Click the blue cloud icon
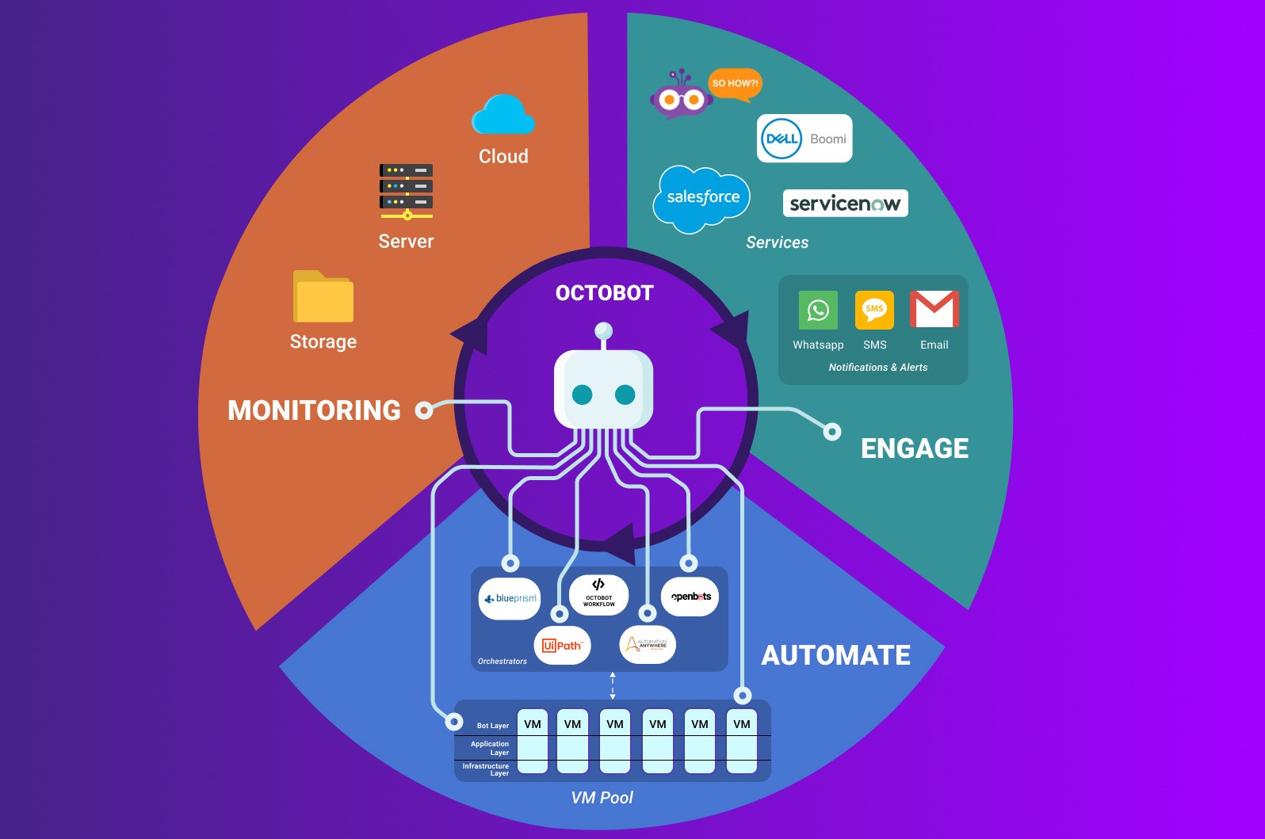[503, 116]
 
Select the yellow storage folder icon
[323, 297]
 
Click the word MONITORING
[314, 410]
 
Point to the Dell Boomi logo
[804, 139]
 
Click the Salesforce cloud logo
[701, 198]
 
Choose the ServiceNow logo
[845, 204]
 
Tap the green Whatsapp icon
[818, 310]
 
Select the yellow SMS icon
[874, 310]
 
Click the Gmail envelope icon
[934, 309]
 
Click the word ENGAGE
[915, 448]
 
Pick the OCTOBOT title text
[604, 293]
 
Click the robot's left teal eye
[583, 395]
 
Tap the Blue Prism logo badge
[510, 599]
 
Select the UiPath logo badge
[562, 646]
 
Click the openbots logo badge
[690, 597]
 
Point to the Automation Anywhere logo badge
[648, 644]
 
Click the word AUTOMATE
[835, 655]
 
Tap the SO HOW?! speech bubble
[735, 83]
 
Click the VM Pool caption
[602, 798]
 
